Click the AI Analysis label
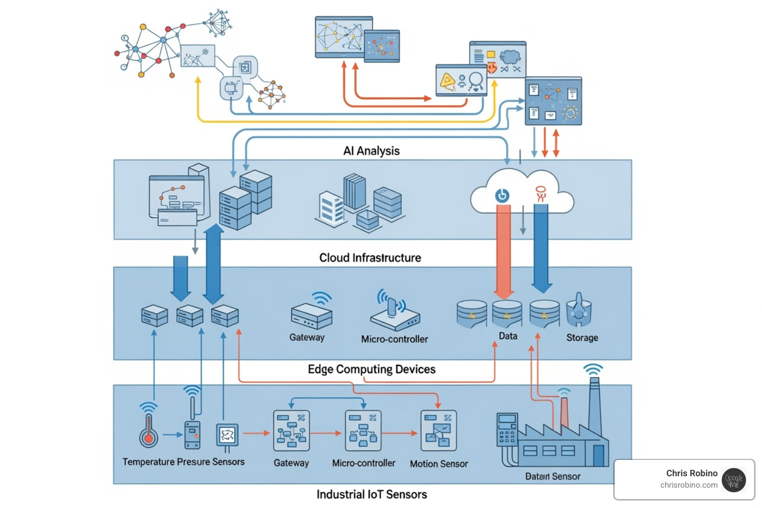371,151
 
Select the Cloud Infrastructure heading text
370,258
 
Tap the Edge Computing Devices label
372,369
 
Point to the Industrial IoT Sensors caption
372,494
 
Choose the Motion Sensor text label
439,464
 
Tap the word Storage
582,338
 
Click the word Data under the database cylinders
508,336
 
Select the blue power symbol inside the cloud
502,195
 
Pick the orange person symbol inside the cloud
541,193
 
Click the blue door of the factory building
598,455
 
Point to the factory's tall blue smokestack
595,407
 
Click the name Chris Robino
692,473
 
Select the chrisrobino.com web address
689,485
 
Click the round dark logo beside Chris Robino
734,480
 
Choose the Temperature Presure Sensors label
184,462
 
